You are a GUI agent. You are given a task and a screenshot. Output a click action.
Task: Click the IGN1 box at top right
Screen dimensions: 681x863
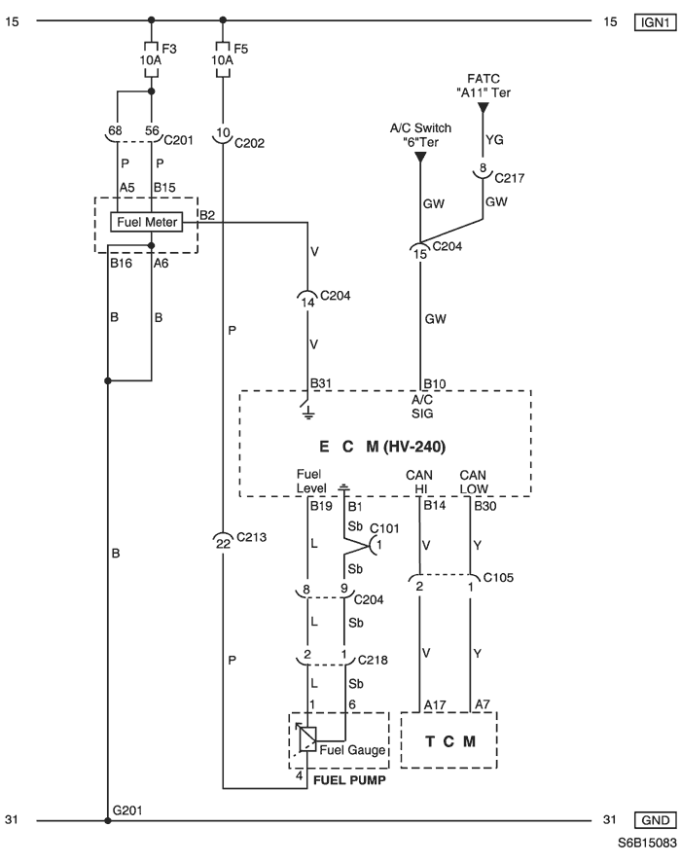655,22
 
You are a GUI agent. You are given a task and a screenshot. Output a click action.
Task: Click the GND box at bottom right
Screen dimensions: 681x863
655,820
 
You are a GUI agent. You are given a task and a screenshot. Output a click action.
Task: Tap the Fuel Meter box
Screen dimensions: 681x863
147,222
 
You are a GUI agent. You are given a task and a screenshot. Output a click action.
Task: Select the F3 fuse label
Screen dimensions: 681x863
169,49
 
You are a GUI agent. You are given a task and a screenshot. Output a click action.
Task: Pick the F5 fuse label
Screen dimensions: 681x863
240,49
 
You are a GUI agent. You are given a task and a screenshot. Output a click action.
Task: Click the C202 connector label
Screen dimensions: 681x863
249,143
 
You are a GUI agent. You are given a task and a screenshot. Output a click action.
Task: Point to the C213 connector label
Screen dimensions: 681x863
252,537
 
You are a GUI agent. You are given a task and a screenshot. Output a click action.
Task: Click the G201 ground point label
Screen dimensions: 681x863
127,810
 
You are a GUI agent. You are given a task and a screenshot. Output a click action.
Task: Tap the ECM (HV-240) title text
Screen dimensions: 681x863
382,447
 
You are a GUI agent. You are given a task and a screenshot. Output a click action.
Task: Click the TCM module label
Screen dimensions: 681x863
450,741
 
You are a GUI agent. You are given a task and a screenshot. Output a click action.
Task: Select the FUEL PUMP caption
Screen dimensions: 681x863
349,780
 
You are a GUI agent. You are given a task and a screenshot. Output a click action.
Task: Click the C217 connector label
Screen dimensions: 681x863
509,178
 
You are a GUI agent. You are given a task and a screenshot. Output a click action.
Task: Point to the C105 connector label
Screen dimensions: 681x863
498,577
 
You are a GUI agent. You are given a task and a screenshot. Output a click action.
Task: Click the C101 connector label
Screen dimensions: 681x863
384,528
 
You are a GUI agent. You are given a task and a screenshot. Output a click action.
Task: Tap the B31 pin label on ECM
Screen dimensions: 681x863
320,383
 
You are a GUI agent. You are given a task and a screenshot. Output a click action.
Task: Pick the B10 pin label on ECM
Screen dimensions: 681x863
434,383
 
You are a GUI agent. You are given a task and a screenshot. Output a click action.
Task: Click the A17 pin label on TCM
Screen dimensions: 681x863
434,705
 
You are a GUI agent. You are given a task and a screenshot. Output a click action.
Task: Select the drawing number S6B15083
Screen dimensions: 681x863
647,843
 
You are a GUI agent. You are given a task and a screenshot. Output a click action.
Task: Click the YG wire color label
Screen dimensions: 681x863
494,140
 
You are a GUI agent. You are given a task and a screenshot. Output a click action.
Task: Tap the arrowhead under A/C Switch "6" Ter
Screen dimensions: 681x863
420,158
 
